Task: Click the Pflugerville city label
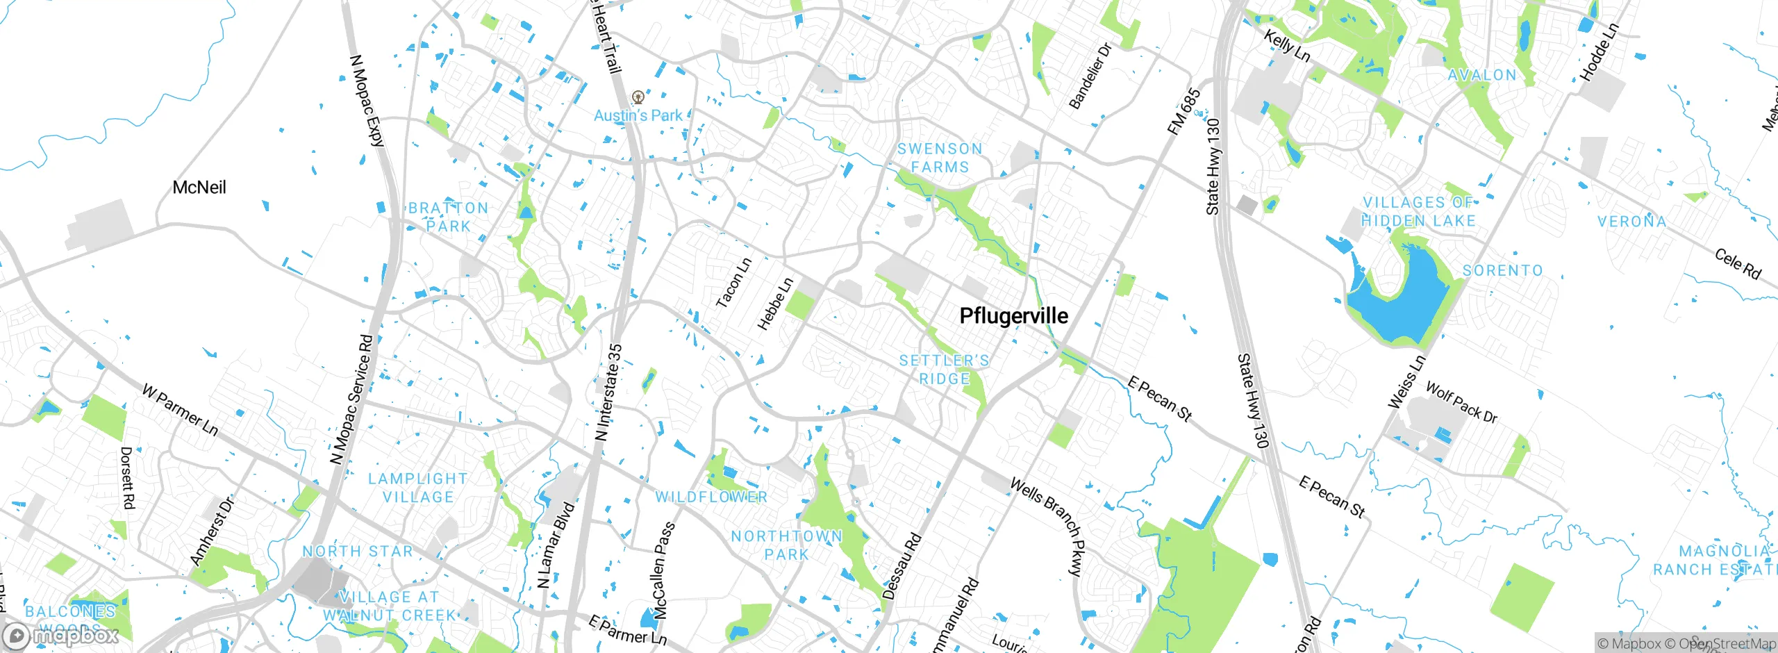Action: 1013,316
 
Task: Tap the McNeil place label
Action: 199,188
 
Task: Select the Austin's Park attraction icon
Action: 638,97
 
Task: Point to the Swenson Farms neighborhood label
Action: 940,158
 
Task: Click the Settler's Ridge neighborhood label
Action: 944,370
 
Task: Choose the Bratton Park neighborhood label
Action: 449,217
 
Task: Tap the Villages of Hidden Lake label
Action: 1418,212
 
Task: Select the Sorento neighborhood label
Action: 1502,271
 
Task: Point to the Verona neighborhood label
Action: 1631,222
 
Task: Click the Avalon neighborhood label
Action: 1482,76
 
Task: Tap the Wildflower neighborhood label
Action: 711,497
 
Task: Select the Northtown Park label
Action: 787,545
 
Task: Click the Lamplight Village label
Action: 418,488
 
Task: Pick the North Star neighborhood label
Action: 358,552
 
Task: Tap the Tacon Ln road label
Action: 733,283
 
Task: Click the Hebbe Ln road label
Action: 775,304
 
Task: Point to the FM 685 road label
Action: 1183,111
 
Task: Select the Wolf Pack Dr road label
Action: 1461,402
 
